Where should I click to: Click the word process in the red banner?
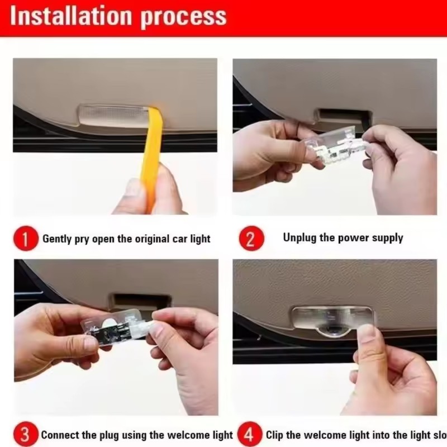coord(183,17)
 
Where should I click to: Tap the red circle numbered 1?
coord(26,239)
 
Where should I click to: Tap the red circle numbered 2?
coord(250,239)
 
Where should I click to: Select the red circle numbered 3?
coord(26,435)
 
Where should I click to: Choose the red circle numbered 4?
coord(250,435)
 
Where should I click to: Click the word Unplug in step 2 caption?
coord(299,238)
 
